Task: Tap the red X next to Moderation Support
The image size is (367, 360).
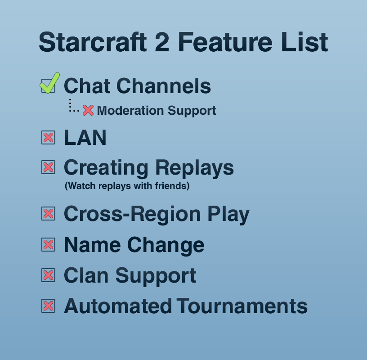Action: (88, 110)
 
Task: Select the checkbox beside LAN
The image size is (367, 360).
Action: (48, 138)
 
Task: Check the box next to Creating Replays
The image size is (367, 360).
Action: (48, 167)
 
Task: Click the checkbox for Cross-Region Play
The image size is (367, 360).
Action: (48, 214)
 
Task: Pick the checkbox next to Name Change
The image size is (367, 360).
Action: (48, 245)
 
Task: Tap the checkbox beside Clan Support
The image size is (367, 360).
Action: (48, 275)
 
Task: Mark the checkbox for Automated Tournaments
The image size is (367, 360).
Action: (48, 306)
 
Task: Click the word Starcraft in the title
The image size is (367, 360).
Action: (93, 42)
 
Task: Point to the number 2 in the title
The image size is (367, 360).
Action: (162, 42)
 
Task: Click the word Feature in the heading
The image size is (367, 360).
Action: (225, 42)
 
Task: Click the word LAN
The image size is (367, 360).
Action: (85, 138)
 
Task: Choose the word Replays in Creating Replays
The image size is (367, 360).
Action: (194, 168)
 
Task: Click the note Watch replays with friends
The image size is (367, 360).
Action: (127, 186)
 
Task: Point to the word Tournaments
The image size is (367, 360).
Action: (242, 306)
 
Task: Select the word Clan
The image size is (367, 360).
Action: (86, 275)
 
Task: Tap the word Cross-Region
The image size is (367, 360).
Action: (132, 214)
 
